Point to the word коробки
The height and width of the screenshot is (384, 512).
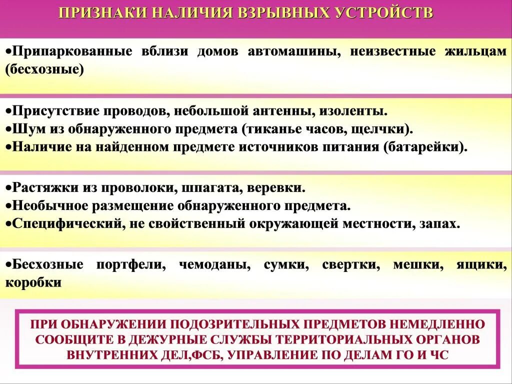click(33, 282)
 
